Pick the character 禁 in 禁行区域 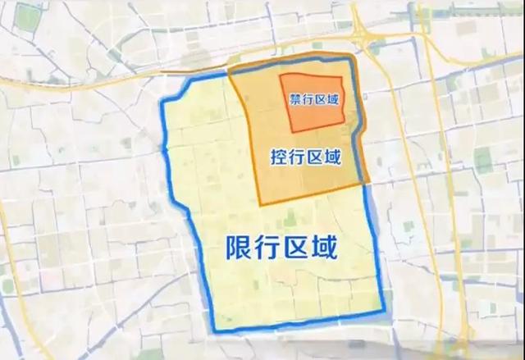tap(295, 99)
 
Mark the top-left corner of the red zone tap(281, 76)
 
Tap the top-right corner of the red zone tap(338, 74)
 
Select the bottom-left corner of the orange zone tap(261, 204)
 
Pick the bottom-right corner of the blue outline tap(384, 312)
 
